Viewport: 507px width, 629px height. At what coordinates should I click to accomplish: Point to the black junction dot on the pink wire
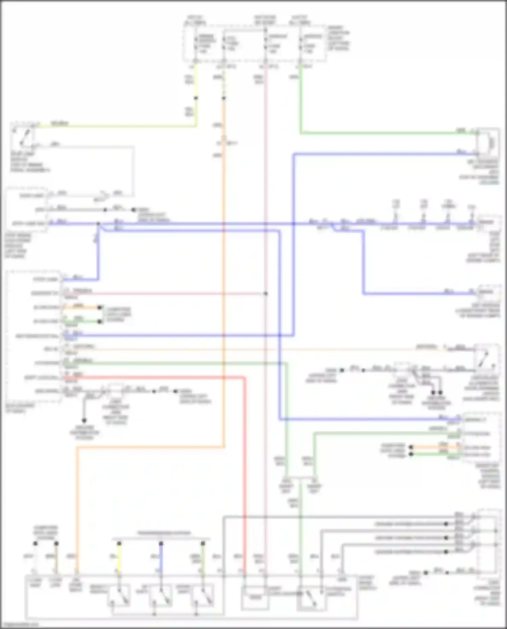[266, 293]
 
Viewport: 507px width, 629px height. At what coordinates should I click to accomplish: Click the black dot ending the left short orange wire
[100, 307]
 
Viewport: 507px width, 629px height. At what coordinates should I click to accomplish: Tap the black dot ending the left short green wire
[100, 321]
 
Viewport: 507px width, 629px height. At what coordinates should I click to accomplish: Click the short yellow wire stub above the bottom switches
[119, 558]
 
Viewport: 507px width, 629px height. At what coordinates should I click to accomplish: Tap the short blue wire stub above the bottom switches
[161, 558]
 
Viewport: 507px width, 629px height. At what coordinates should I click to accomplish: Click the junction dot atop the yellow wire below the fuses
[196, 98]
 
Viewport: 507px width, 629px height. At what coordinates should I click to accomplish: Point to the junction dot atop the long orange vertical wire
[224, 98]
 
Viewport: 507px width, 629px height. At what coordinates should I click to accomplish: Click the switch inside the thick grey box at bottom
[311, 599]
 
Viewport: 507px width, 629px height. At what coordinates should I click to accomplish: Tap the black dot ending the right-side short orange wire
[411, 447]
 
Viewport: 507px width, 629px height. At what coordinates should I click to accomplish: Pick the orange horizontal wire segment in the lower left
[149, 447]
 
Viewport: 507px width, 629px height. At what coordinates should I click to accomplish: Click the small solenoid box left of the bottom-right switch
[255, 598]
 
